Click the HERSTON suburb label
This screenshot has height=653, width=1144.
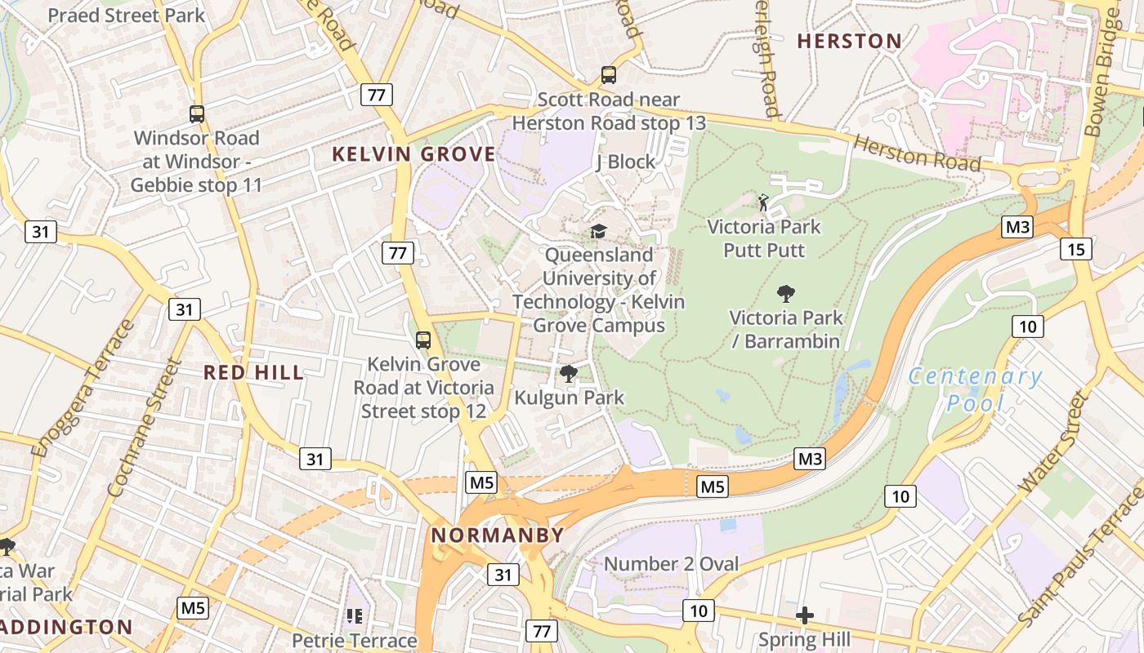point(849,41)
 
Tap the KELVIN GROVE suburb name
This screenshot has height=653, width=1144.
point(413,154)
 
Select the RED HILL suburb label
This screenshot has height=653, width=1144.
point(253,373)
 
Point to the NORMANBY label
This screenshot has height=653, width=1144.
point(498,535)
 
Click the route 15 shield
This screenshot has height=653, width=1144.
point(1076,248)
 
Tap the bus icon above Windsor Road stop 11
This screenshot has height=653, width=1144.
point(197,114)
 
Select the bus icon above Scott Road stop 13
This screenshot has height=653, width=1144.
point(609,75)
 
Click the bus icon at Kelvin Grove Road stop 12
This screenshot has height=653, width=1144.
point(422,340)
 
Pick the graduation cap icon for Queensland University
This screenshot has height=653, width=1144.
point(599,232)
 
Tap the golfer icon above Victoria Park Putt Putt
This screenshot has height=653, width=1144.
point(763,202)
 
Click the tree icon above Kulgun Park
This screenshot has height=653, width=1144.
point(569,375)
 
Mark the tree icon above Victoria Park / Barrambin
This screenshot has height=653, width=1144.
point(786,293)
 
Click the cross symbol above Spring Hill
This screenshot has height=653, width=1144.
point(805,615)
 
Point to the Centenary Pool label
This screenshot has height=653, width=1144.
point(975,389)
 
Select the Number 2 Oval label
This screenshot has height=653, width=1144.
point(671,564)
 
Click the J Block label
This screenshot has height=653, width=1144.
point(625,162)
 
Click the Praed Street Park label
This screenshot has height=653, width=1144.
point(127,16)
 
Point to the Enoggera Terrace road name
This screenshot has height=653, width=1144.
point(84,389)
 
